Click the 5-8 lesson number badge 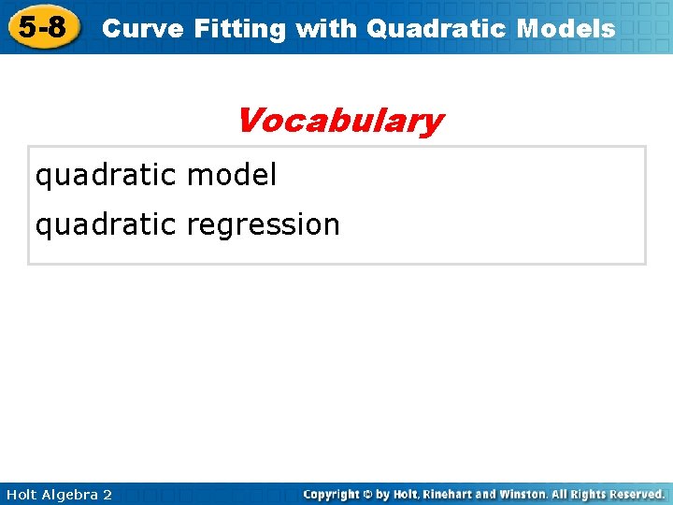(x=43, y=27)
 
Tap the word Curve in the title (x=128, y=29)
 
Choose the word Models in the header (x=566, y=29)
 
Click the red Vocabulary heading (x=339, y=121)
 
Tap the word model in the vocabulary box (x=232, y=175)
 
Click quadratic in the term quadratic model (x=107, y=175)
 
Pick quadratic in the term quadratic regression (x=107, y=225)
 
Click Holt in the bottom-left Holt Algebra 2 (x=21, y=494)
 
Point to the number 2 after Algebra (x=107, y=494)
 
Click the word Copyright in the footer (x=333, y=494)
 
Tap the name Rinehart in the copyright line (x=453, y=494)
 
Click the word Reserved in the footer (x=636, y=494)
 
